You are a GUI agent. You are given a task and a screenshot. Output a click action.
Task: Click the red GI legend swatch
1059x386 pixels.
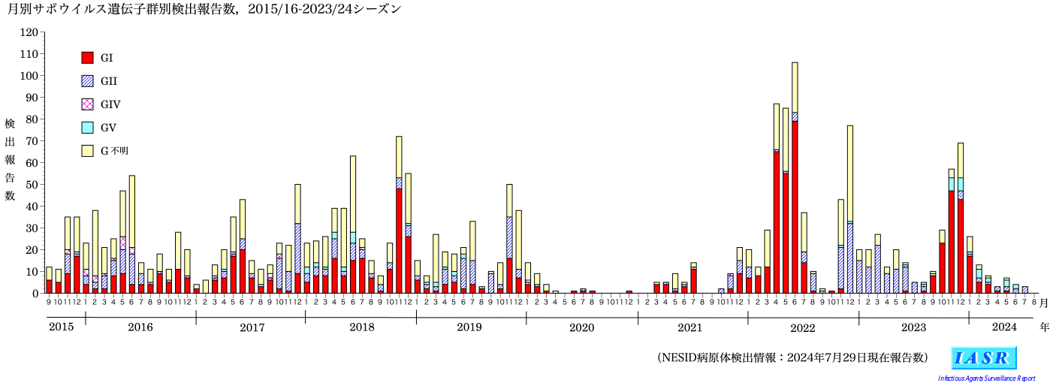pyautogui.click(x=87, y=58)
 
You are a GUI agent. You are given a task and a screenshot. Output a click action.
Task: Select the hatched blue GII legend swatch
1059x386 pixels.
pyautogui.click(x=87, y=81)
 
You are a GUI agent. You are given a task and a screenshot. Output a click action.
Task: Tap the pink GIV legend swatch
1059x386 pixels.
pyautogui.click(x=87, y=104)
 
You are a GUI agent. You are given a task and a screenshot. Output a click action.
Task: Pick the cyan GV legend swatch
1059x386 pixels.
pyautogui.click(x=87, y=128)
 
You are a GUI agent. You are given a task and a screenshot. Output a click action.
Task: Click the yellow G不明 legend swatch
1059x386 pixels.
pyautogui.click(x=87, y=151)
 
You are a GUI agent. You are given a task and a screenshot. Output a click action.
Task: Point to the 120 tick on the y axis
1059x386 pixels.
pyautogui.click(x=29, y=33)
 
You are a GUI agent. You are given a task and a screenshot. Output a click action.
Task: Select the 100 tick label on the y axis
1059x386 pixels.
pyautogui.click(x=29, y=76)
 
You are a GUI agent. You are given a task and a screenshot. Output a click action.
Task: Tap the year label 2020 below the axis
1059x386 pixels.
pyautogui.click(x=581, y=327)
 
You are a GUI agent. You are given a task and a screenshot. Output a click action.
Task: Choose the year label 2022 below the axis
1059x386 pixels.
pyautogui.click(x=803, y=327)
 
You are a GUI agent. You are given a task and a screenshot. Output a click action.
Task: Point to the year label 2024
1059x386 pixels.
pyautogui.click(x=1004, y=327)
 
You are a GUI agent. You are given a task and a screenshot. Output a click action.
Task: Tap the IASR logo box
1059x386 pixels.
pyautogui.click(x=983, y=357)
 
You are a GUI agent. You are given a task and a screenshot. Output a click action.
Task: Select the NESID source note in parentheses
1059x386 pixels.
pyautogui.click(x=792, y=357)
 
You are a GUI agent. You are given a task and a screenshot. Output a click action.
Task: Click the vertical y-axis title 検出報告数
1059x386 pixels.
pyautogui.click(x=10, y=158)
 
